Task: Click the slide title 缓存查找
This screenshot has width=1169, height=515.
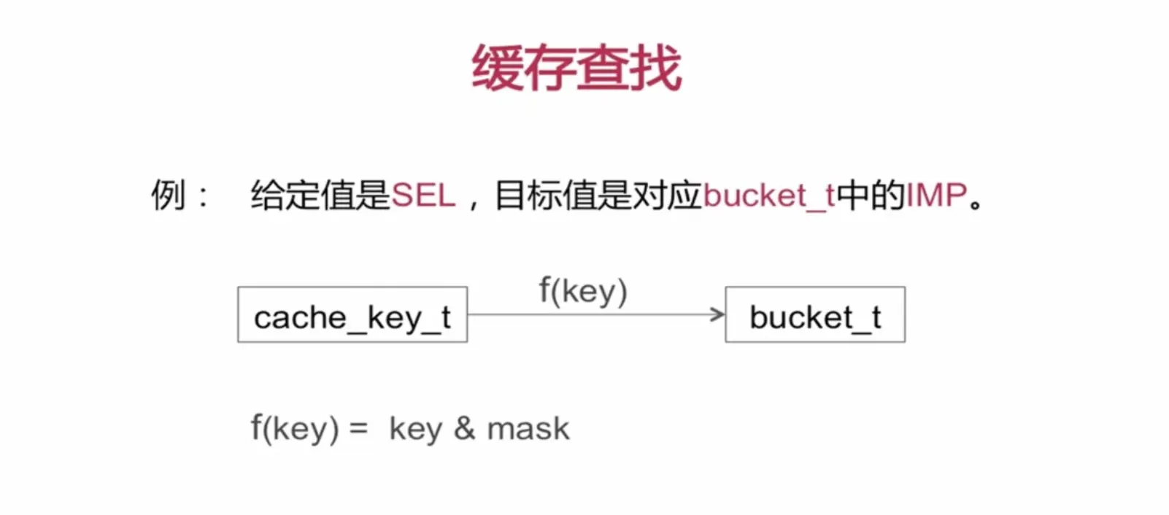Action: (x=576, y=68)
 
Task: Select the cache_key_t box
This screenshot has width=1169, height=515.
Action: (x=352, y=315)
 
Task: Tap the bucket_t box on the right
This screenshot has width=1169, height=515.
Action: (x=815, y=315)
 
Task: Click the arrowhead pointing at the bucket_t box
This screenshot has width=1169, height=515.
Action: (x=718, y=314)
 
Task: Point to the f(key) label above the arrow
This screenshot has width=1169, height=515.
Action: (x=583, y=290)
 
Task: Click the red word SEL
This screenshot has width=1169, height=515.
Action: (x=423, y=195)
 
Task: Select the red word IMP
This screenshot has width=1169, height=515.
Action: (x=936, y=195)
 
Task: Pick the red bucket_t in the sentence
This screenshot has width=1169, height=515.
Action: (x=768, y=195)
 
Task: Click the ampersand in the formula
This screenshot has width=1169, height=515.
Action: (x=464, y=428)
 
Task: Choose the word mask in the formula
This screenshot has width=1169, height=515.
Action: (x=528, y=428)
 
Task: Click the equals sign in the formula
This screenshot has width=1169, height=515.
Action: (x=358, y=428)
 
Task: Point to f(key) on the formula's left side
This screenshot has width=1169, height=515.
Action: (x=295, y=428)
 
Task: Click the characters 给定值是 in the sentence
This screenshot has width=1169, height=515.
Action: (x=320, y=195)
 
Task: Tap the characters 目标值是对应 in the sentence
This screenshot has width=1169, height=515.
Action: (x=598, y=195)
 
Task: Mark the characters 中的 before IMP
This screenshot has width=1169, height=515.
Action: (x=871, y=195)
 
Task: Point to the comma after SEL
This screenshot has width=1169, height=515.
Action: (x=474, y=203)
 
